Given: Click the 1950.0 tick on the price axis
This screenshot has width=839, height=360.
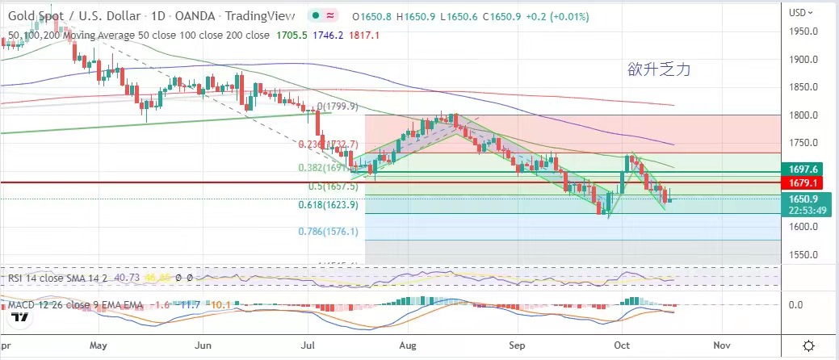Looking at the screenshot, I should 803,31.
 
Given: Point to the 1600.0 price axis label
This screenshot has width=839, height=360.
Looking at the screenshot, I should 803,227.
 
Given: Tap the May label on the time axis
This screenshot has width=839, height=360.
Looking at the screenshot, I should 99,345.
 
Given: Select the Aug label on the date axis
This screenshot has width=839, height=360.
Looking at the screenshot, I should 407,345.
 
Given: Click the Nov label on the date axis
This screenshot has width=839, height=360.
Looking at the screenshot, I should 722,345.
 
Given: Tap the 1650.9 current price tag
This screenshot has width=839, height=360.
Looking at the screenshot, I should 804,199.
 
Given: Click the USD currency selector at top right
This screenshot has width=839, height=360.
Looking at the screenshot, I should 799,12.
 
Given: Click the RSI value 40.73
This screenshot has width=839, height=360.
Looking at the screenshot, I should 127,278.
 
